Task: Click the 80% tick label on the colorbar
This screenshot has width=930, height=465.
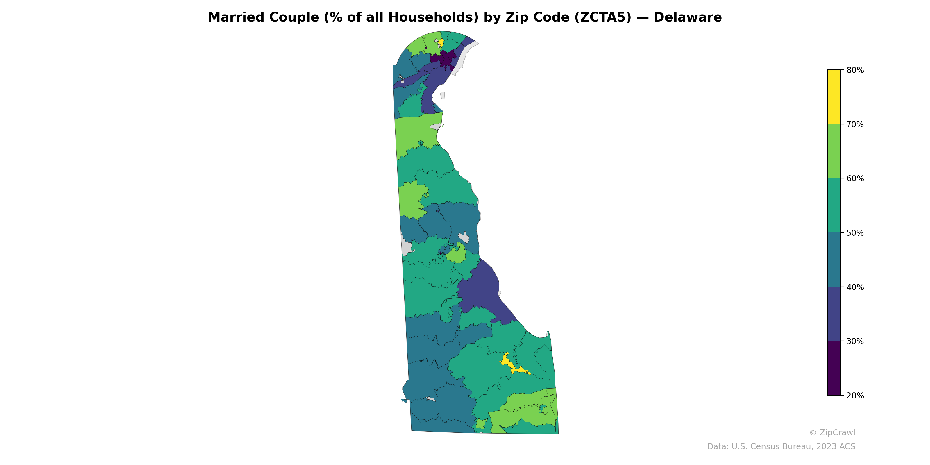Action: click(855, 70)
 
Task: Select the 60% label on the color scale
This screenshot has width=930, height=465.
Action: click(855, 179)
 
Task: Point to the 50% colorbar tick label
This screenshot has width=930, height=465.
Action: click(855, 233)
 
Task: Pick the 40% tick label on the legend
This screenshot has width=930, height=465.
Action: click(855, 287)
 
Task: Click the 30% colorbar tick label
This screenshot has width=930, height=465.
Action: click(855, 341)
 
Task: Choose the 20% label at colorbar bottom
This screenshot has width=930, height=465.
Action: click(855, 396)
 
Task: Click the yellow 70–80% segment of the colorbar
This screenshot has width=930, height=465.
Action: click(834, 97)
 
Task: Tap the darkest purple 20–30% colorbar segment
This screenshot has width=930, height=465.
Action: click(834, 368)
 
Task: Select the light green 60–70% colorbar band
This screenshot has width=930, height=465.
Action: click(834, 151)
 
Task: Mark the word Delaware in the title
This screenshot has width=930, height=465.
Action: click(687, 17)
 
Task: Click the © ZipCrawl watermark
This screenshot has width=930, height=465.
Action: click(832, 432)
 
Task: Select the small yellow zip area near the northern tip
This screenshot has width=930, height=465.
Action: click(441, 43)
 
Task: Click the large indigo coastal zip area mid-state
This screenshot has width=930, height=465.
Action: click(480, 289)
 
